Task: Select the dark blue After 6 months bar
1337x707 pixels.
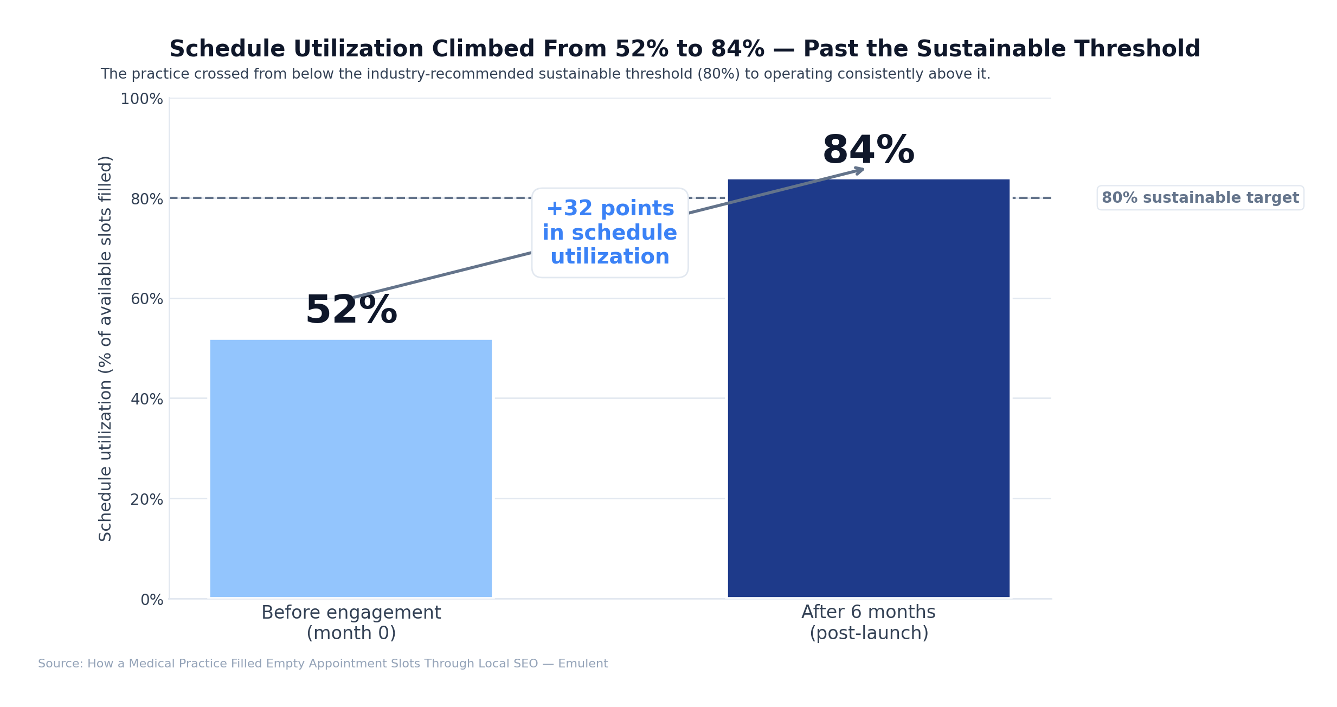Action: (868, 388)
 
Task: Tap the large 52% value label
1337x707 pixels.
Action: (351, 311)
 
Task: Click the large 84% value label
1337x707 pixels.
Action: (868, 151)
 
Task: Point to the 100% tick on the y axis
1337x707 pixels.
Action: (142, 99)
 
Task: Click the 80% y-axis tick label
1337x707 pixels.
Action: (146, 200)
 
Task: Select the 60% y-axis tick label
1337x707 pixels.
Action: (146, 299)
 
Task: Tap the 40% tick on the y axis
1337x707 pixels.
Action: (146, 400)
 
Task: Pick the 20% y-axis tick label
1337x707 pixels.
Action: (146, 499)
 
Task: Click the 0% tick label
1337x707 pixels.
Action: (152, 600)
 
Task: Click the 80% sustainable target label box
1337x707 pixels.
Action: (1200, 198)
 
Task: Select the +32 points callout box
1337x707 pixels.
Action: (609, 233)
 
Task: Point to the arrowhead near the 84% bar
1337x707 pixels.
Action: (860, 171)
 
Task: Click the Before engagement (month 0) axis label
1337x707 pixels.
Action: (351, 622)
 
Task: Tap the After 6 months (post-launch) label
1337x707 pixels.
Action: (868, 622)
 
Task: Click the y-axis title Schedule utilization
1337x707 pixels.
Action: (105, 348)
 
